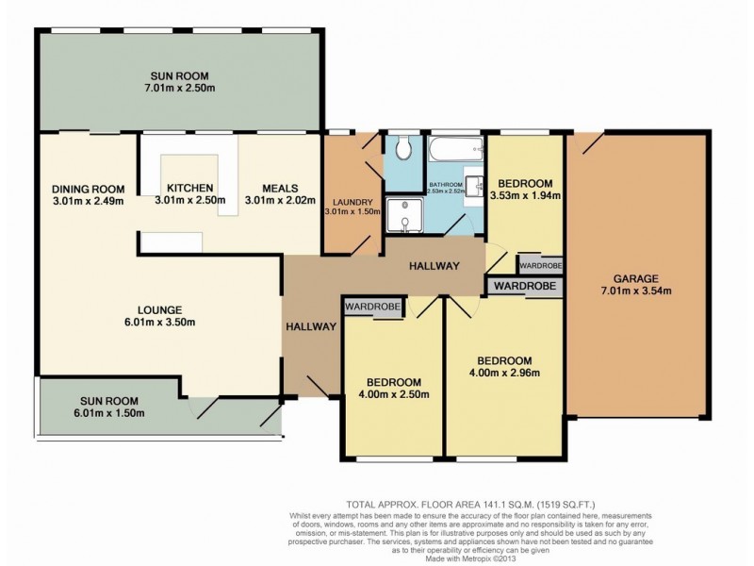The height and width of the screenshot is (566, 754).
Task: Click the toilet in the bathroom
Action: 403,149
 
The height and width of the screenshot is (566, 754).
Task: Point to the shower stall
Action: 403,212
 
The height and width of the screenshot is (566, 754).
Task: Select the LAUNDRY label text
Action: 352,202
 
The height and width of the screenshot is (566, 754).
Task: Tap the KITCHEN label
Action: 189,187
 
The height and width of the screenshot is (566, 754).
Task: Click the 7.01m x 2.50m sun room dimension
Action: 179,89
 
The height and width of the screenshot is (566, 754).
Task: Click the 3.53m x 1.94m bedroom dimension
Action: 526,196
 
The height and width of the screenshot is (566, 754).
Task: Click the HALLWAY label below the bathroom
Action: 434,267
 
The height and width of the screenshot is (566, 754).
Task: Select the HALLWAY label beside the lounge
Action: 311,326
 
